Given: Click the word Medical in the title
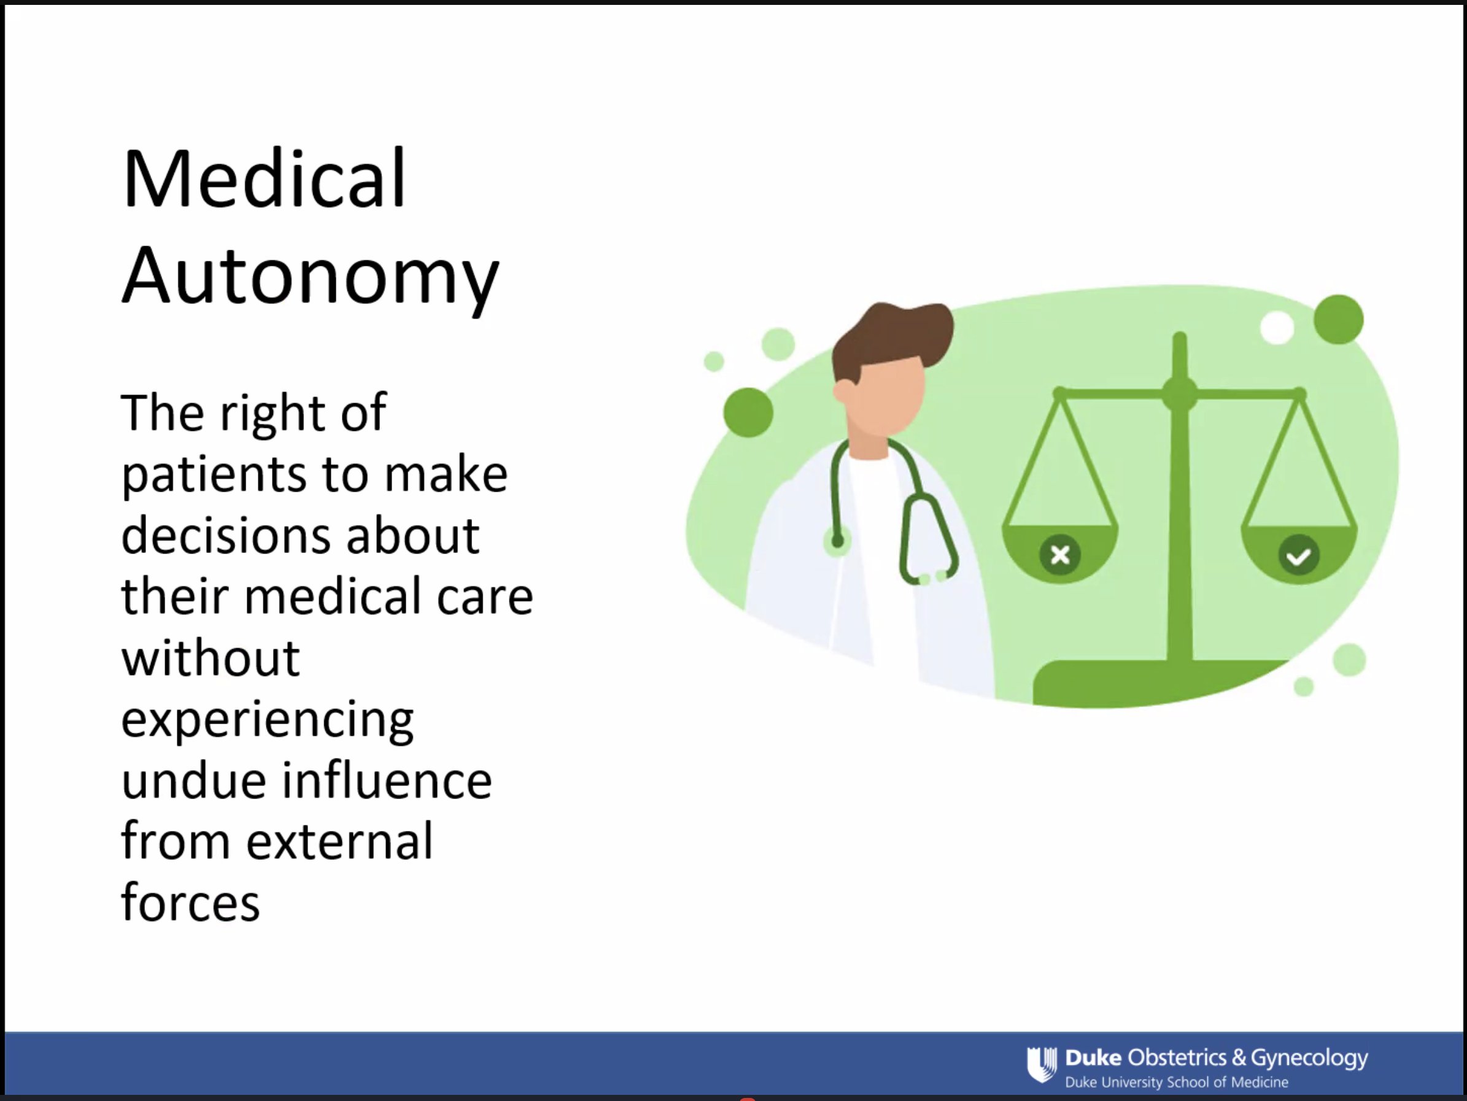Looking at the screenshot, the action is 263,179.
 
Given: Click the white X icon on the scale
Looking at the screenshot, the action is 1060,554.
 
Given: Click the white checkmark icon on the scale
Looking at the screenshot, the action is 1299,556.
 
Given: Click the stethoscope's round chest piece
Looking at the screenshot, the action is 838,541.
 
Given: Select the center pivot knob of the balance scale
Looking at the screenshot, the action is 1179,393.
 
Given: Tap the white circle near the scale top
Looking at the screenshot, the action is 1277,328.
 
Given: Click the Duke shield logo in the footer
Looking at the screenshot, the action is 1041,1064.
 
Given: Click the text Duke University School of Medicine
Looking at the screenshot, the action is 1177,1083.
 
